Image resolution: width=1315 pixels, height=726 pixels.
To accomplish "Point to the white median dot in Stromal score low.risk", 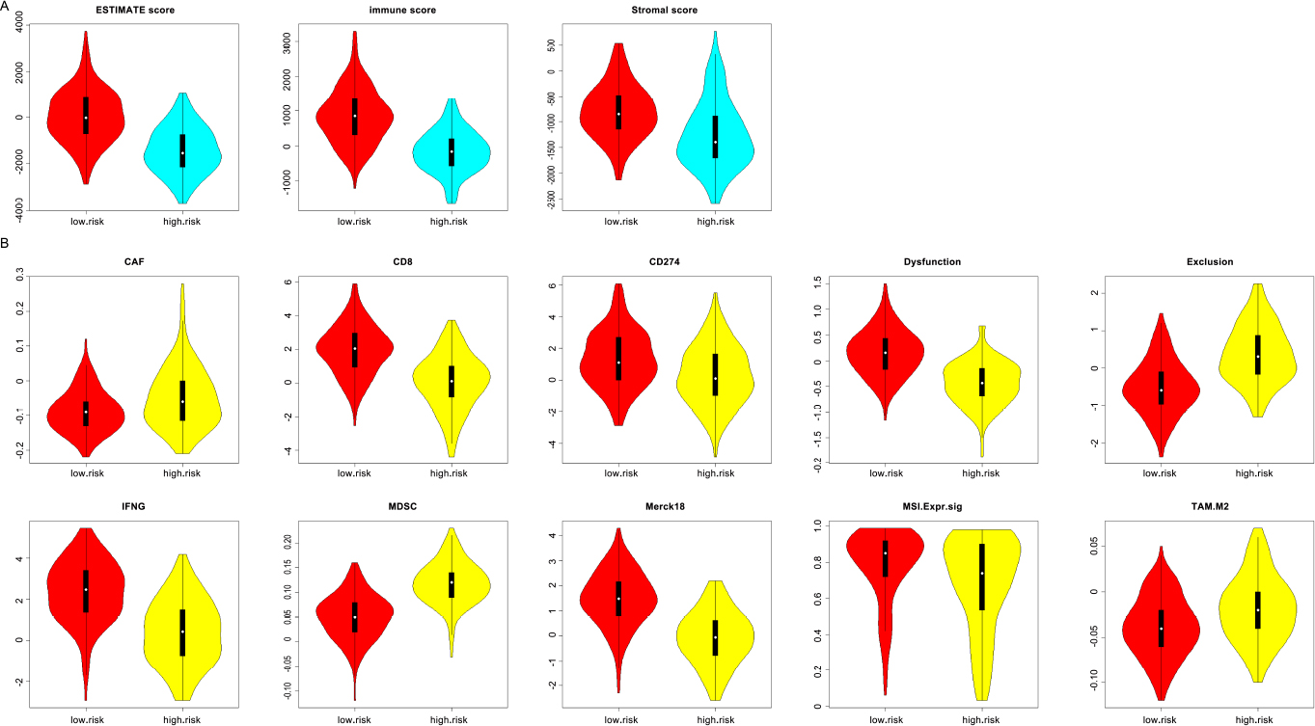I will click(619, 114).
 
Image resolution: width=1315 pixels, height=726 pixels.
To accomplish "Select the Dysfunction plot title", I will click(932, 261).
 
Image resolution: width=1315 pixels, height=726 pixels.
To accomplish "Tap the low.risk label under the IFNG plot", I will click(87, 717).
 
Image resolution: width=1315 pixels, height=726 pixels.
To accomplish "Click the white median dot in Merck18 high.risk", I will click(715, 637).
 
